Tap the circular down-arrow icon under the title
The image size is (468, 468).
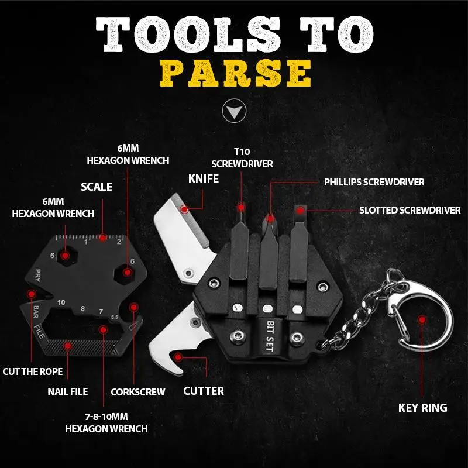point(234,111)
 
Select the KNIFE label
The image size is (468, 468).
point(203,178)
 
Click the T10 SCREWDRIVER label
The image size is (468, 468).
point(242,158)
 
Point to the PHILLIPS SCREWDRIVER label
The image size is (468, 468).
point(374,182)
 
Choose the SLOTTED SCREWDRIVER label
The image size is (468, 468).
point(409,209)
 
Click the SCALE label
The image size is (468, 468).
point(97,187)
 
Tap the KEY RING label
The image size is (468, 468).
point(422,408)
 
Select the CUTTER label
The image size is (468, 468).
point(203,390)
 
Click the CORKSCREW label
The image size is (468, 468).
point(138,391)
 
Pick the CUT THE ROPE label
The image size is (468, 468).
point(32,371)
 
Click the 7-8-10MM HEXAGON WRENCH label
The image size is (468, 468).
point(106,423)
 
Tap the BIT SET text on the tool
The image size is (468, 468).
point(270,334)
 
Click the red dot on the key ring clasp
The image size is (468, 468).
point(422,319)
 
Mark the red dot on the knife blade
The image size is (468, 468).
point(185,208)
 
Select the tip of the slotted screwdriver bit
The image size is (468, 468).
point(300,210)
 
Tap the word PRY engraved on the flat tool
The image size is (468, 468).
point(37,274)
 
